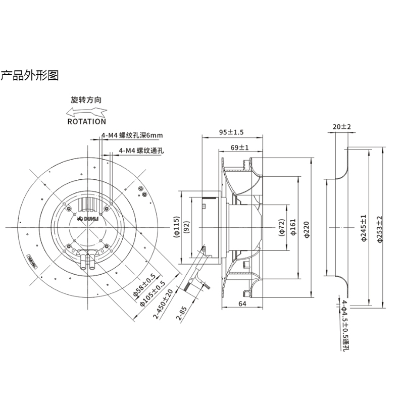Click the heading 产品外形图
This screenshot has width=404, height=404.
pos(29,76)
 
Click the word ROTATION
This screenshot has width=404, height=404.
pos(86,121)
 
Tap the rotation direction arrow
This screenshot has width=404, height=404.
pos(86,111)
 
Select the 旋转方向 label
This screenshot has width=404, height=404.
pos(86,100)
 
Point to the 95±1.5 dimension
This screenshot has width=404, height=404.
pos(232,132)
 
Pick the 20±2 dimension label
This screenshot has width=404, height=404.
pos(342,126)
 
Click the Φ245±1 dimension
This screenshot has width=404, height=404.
pos(364,228)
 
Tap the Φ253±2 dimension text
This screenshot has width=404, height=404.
pos(380,228)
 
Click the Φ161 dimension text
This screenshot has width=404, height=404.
pos(293,228)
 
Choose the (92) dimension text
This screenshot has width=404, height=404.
pos(186,228)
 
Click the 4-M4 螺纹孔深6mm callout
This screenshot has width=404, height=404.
pos(132,136)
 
